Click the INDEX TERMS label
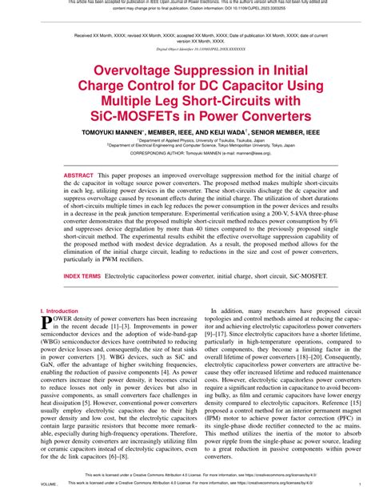click(82, 275)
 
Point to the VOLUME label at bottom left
click(49, 485)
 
